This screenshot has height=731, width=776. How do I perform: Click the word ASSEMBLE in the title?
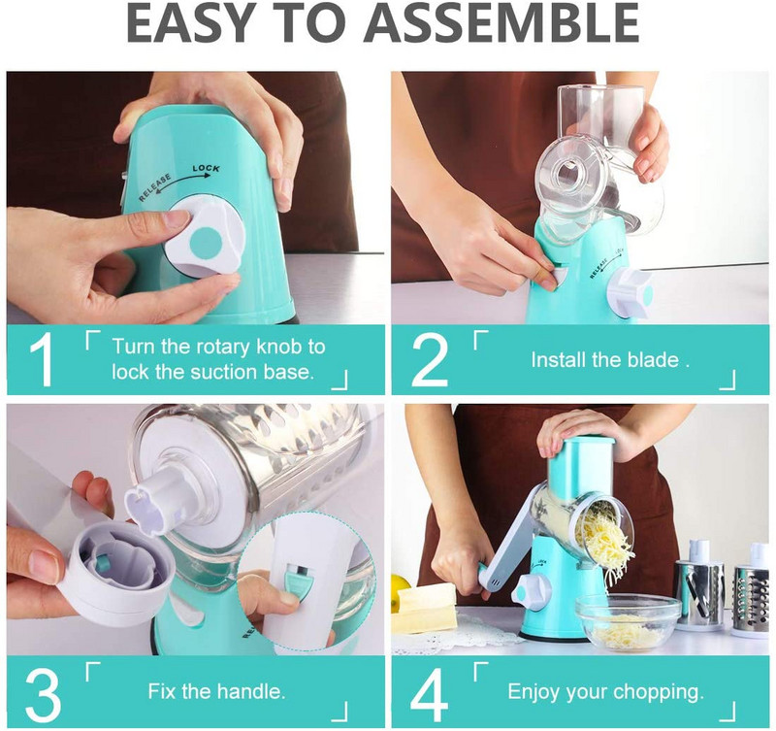point(501,22)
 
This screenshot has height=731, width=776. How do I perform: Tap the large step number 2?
point(430,359)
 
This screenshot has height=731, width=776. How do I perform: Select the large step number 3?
point(42,694)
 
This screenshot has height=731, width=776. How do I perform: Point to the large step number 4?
point(429,694)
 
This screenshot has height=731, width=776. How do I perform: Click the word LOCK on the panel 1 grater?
point(206,168)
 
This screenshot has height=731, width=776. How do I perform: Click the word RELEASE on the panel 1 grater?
point(155,187)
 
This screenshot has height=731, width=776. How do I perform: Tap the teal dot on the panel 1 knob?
point(206,241)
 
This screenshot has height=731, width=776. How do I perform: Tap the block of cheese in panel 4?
point(427,606)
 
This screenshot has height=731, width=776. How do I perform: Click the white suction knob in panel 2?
point(630,293)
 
